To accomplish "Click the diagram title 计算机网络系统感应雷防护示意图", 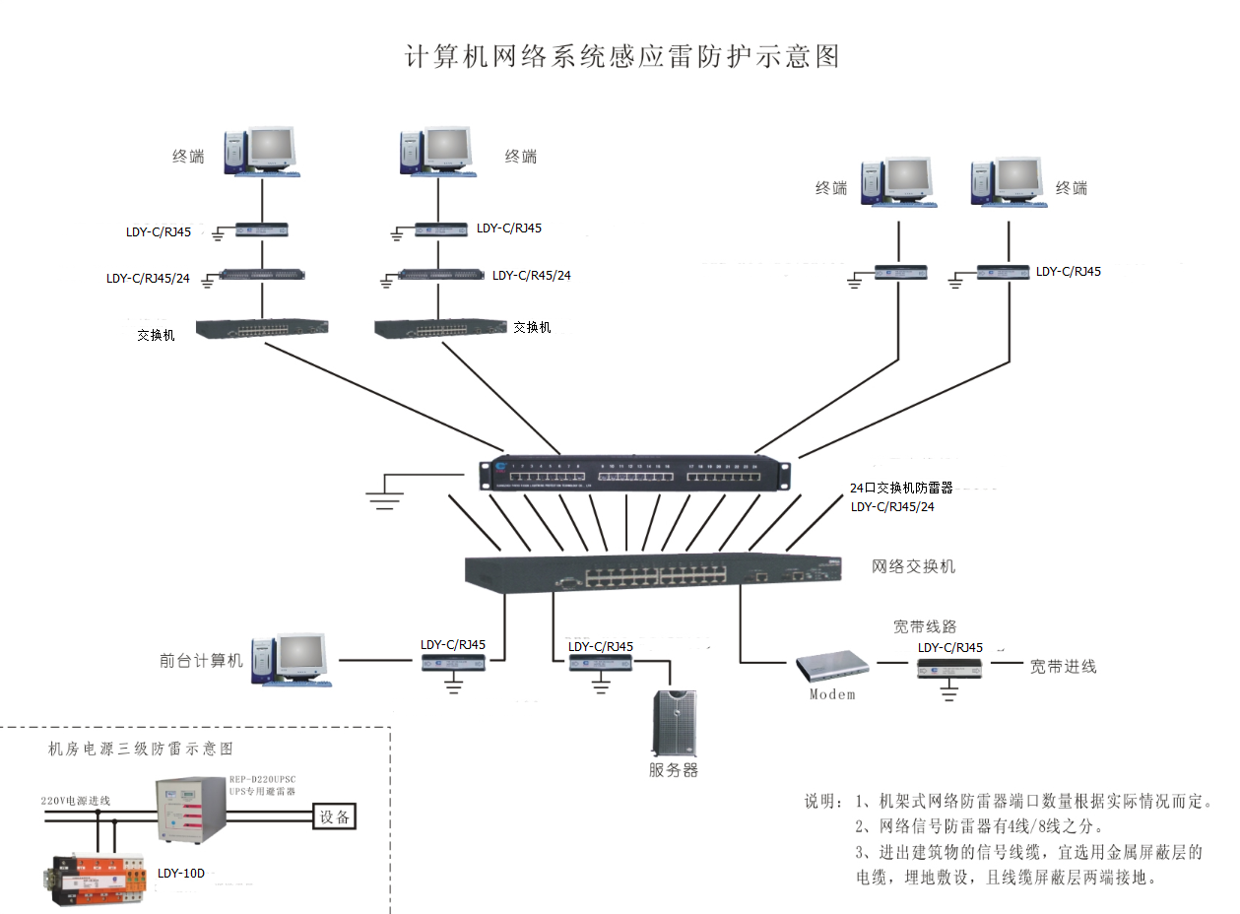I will [x=622, y=56].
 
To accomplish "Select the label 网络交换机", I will [x=913, y=566].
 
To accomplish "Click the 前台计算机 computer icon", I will [x=290, y=659].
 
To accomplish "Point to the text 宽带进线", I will [x=1063, y=666].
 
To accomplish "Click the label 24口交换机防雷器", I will [x=901, y=488].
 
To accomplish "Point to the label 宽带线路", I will [x=925, y=626].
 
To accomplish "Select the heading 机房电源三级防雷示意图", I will [x=141, y=749].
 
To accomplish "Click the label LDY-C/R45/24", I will [x=531, y=275].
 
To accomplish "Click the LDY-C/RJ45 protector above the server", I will [x=600, y=663].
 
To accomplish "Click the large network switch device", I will [x=654, y=571].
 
